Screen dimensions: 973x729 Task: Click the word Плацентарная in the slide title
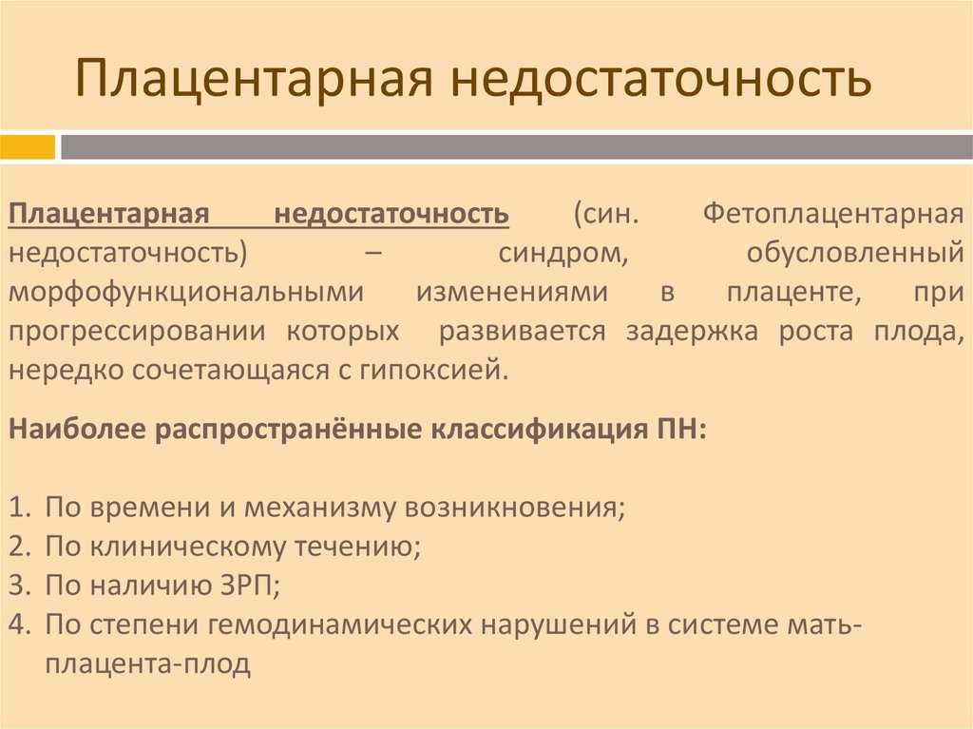tap(254, 78)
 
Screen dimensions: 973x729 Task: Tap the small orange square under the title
tap(28, 147)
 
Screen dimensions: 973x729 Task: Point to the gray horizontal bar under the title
tap(516, 147)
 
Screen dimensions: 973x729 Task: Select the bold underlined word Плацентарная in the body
tap(109, 214)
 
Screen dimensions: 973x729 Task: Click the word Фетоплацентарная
tap(833, 214)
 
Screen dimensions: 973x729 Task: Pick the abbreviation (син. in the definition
tap(605, 214)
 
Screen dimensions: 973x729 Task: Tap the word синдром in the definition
tap(563, 254)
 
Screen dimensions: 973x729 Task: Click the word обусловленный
tap(856, 254)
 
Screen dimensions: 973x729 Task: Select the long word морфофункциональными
tap(186, 293)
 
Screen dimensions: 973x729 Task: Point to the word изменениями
tap(512, 293)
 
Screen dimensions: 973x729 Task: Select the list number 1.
tap(19, 508)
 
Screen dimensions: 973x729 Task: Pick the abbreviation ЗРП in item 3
tap(248, 585)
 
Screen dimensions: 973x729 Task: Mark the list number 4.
tap(19, 624)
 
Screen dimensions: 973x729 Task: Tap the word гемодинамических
tap(341, 624)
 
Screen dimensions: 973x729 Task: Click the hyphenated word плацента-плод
tap(147, 664)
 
